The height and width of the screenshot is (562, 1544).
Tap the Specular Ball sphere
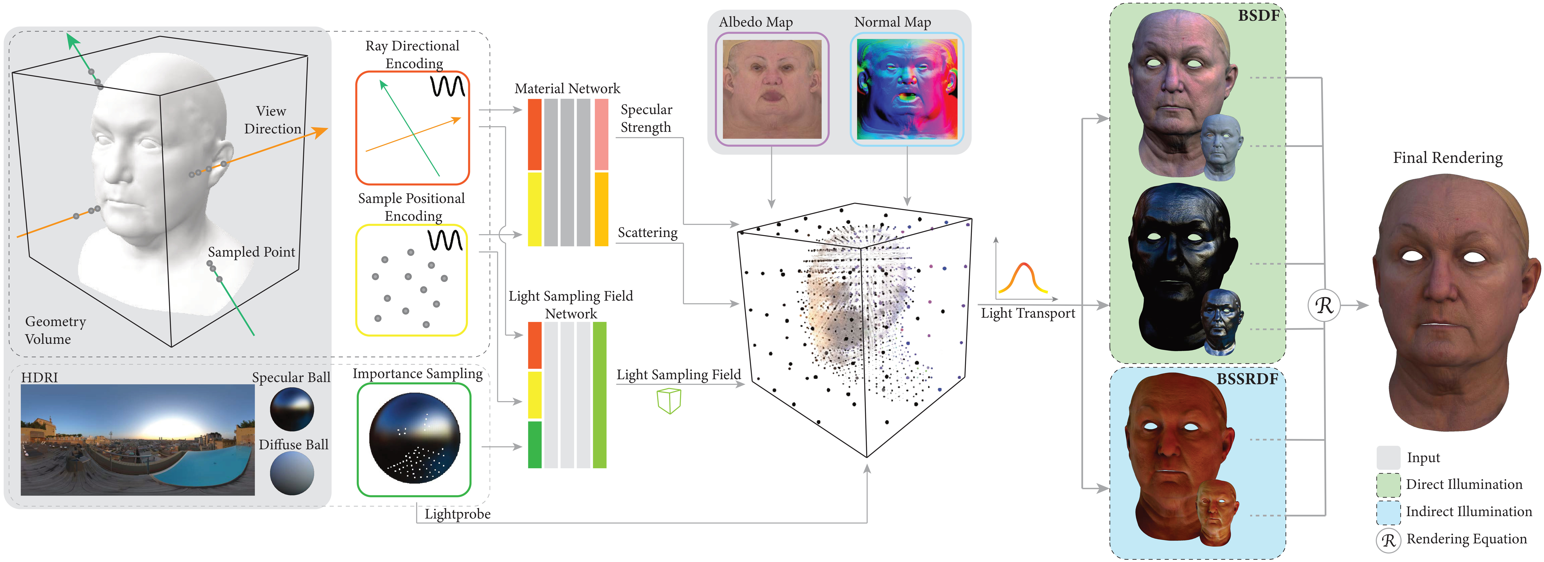pos(292,409)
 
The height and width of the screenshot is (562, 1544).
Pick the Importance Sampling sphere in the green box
pos(414,438)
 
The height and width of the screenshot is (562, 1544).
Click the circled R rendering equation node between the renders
pos(1323,305)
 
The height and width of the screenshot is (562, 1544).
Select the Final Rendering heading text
pos(1447,158)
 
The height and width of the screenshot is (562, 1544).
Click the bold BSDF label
pos(1259,16)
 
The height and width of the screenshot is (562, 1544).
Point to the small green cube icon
pos(669,401)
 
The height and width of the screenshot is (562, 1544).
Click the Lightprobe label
pos(457,514)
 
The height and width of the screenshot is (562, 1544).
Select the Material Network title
pos(567,89)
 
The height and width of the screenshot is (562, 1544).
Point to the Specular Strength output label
pos(646,118)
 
